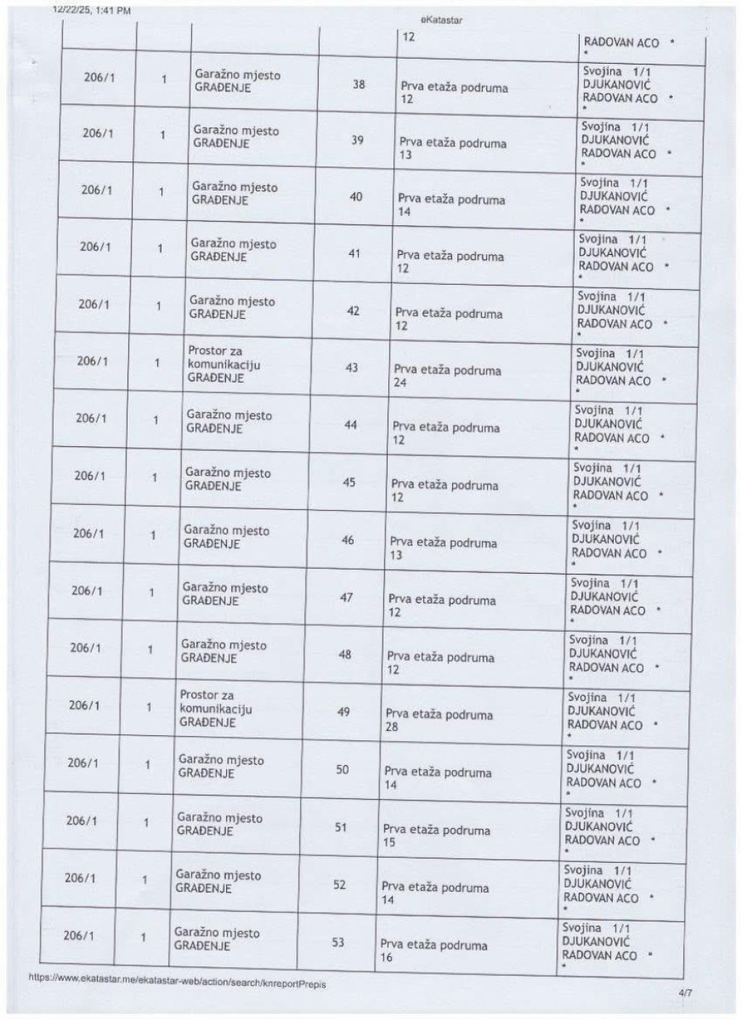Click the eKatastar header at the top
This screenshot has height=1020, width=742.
[441, 20]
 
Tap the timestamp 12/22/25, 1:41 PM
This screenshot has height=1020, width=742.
[92, 10]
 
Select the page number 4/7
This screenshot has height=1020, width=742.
[685, 993]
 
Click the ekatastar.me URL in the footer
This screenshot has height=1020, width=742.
[177, 981]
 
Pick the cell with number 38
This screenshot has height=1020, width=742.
[359, 84]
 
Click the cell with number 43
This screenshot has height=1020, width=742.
[351, 367]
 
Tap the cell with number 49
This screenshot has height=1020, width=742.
[344, 711]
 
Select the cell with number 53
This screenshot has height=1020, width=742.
[338, 942]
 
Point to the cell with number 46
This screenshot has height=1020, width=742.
[348, 540]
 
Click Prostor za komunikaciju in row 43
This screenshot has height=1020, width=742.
[223, 358]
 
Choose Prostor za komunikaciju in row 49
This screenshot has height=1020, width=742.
[215, 702]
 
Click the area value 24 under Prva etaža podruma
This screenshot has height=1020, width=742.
[400, 382]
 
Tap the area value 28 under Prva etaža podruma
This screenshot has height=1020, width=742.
[391, 727]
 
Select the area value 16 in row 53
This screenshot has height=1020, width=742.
[386, 958]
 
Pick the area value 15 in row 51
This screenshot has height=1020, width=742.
[389, 843]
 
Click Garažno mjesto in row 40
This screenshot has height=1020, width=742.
[234, 187]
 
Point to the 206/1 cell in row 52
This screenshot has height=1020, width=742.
[80, 878]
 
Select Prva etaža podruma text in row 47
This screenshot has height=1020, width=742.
[442, 600]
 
